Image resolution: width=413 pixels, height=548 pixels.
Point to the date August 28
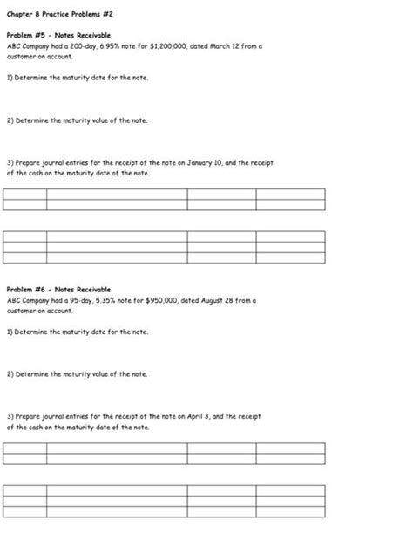point(224,299)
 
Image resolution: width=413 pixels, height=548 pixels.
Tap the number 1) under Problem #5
point(10,78)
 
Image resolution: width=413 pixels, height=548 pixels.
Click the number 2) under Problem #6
point(10,374)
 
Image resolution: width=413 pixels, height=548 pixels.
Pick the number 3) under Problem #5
point(10,163)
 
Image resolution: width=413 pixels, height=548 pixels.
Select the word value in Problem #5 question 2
point(100,120)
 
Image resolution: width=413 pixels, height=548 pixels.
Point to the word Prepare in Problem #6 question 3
point(27,417)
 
